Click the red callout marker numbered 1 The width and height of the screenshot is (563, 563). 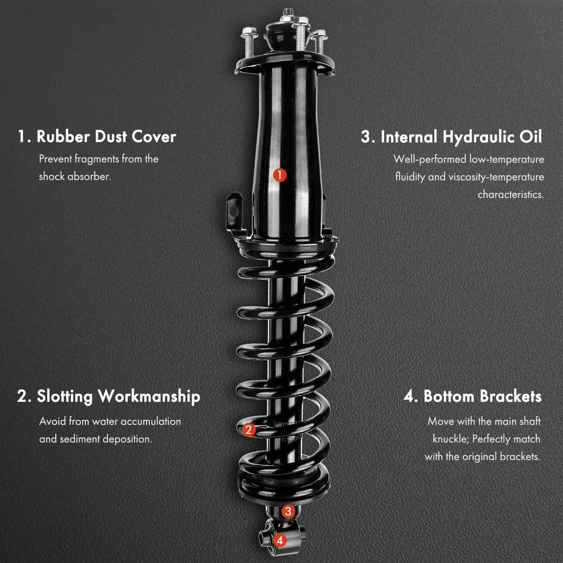pyautogui.click(x=280, y=174)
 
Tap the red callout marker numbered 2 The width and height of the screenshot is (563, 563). pyautogui.click(x=248, y=430)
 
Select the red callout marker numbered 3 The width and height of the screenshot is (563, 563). pyautogui.click(x=287, y=511)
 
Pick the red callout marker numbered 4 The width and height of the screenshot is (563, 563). pyautogui.click(x=280, y=540)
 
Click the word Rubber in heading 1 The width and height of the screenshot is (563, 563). pyautogui.click(x=60, y=137)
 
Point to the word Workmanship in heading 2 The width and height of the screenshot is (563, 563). pyautogui.click(x=149, y=396)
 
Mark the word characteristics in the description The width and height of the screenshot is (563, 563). pyautogui.click(x=511, y=194)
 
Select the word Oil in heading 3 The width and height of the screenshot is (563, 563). pyautogui.click(x=530, y=137)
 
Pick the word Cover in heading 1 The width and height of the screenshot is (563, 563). pyautogui.click(x=154, y=137)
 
